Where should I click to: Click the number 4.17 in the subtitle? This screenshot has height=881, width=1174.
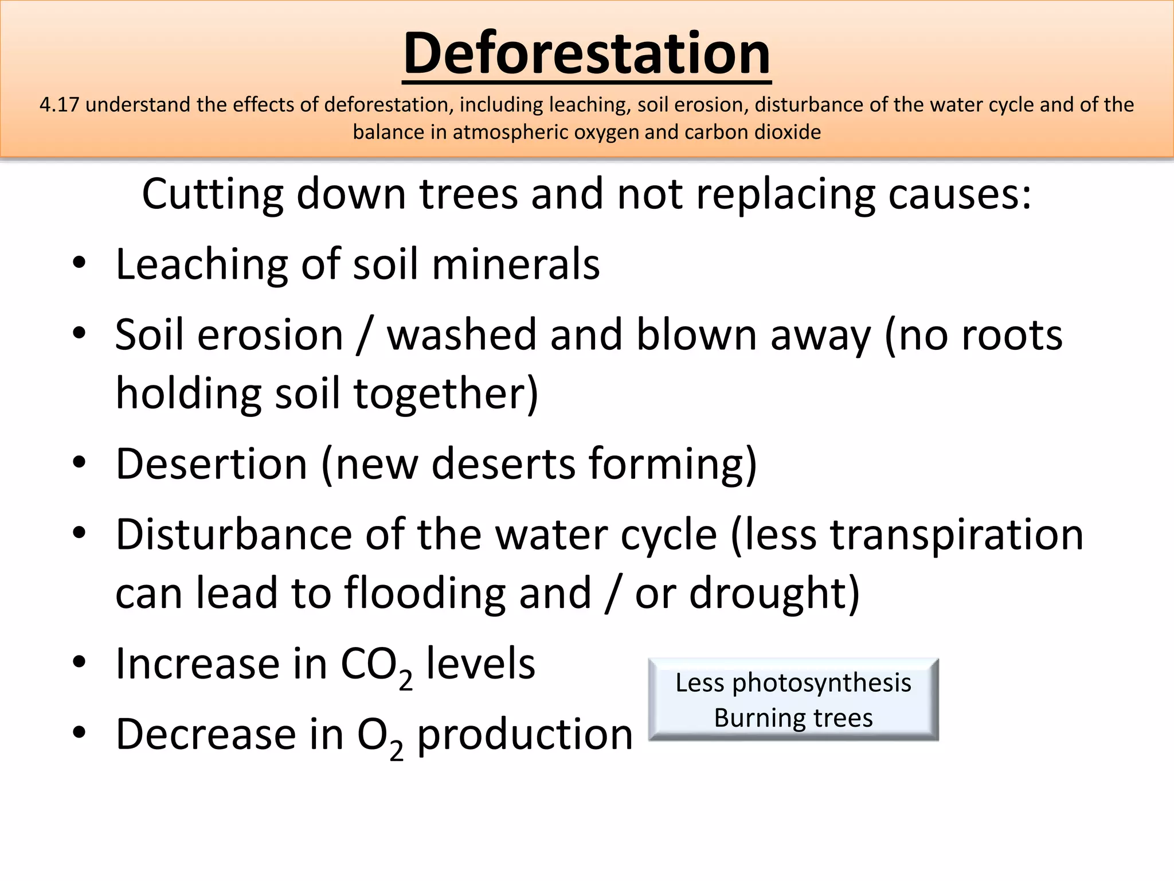[58, 105]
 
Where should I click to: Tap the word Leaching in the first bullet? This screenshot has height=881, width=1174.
[201, 264]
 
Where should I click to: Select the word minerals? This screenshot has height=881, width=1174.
[515, 264]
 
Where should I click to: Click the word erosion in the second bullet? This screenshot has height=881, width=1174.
[270, 335]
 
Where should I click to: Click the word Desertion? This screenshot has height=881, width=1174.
[212, 463]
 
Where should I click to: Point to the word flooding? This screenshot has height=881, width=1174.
[425, 593]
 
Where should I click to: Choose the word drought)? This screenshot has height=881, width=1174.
[774, 593]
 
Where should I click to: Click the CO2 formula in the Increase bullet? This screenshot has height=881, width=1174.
[376, 665]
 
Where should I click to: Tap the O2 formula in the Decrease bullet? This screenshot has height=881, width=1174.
[380, 736]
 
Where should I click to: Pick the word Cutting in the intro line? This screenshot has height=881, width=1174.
[213, 194]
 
